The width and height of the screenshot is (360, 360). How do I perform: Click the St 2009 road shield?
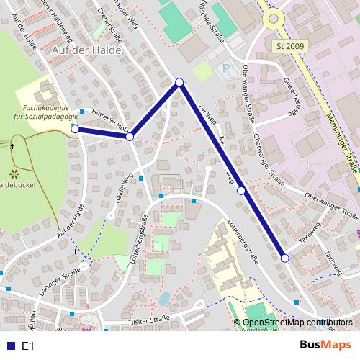pos(290,45)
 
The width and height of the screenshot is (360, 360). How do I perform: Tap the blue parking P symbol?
pos(227,69)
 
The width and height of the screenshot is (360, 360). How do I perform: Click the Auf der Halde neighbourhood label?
pos(86,51)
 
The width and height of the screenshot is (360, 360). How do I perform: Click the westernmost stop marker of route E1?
pos(75,129)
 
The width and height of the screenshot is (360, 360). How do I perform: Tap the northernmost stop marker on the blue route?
pos(180,83)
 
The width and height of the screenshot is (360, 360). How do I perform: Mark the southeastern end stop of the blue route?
pos(284,258)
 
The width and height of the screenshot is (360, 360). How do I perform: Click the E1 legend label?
pos(28,346)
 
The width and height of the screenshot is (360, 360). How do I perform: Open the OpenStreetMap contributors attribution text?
pos(298,322)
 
